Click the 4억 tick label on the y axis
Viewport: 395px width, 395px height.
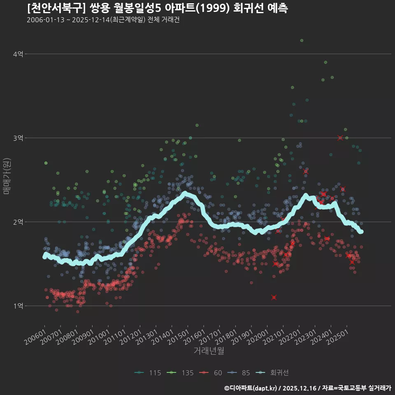point(18,54)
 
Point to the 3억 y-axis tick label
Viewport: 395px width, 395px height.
point(18,138)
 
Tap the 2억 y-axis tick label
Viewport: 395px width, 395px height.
point(18,222)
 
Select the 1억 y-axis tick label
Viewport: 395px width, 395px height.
point(18,306)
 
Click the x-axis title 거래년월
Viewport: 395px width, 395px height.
point(209,351)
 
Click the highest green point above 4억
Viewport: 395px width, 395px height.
point(302,40)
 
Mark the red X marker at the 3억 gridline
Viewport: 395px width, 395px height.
point(340,138)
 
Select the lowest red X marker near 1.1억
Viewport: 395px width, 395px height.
point(274,297)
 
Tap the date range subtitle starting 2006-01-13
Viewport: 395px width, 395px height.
point(103,20)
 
